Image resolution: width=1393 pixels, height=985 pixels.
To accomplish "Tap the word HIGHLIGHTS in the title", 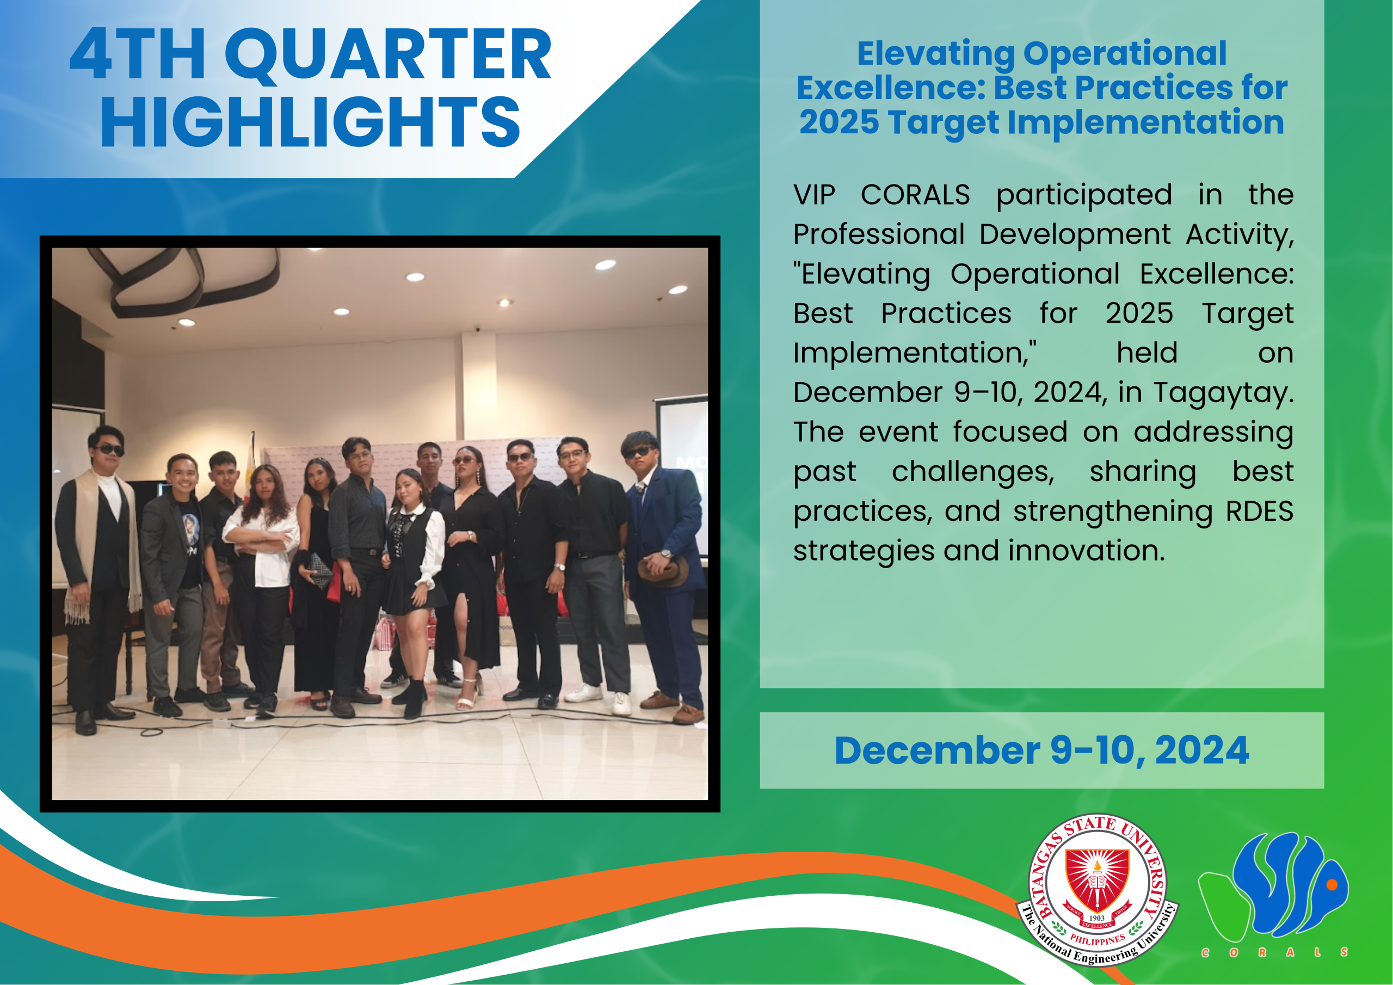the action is click(310, 122).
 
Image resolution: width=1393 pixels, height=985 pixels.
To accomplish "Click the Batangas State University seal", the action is click(1097, 890).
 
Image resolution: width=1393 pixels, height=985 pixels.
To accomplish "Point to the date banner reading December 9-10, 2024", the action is click(1041, 750).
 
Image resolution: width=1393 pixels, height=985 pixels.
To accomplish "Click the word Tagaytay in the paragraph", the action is click(1223, 393).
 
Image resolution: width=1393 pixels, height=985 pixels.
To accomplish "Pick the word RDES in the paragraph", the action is click(1260, 511).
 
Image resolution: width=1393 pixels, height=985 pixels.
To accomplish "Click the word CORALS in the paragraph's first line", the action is click(915, 195).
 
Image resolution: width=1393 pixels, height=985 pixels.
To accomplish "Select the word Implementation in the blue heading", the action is click(1145, 122).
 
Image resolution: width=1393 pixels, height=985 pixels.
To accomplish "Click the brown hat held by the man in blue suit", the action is click(663, 571).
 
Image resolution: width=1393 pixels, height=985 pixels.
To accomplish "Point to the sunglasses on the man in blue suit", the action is click(639, 452).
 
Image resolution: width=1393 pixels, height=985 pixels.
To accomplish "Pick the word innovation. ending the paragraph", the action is click(1087, 551).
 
